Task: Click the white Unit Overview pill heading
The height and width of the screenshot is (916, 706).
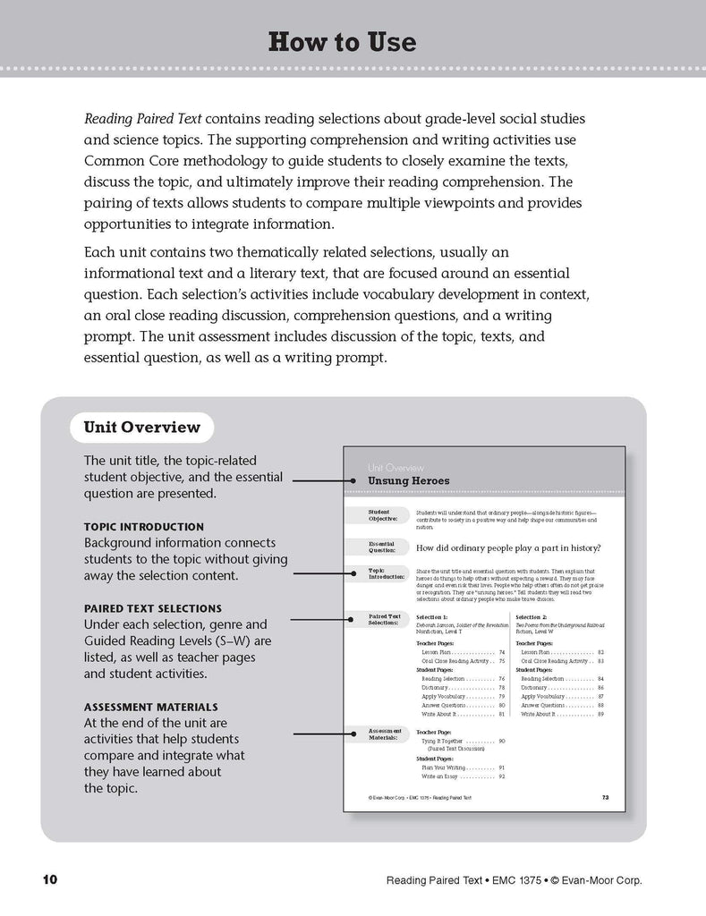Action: tap(141, 427)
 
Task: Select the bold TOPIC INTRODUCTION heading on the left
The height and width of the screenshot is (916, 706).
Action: tap(143, 527)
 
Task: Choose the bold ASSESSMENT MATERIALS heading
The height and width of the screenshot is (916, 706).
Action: tap(153, 707)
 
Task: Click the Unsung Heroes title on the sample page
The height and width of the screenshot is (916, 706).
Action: tap(409, 481)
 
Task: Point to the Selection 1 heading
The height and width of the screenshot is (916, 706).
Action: tap(438, 617)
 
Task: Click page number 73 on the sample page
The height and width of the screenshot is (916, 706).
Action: tap(606, 796)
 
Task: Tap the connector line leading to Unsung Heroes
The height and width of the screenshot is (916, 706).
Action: tap(327, 480)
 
